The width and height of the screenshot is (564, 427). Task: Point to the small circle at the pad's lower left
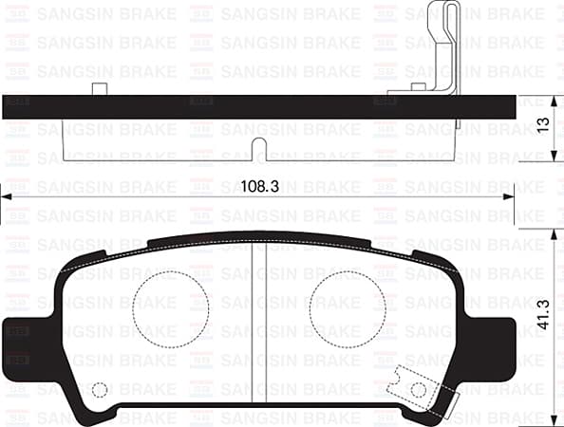pyautogui.click(x=100, y=389)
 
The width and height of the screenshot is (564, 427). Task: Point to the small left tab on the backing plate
pyautogui.click(x=98, y=89)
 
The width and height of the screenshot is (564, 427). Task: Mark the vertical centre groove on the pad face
pyautogui.click(x=258, y=323)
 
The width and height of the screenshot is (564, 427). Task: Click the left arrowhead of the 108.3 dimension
pyautogui.click(x=6, y=196)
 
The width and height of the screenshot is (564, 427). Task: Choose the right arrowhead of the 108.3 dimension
pyautogui.click(x=511, y=196)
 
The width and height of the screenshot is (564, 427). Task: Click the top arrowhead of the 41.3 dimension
pyautogui.click(x=555, y=232)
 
